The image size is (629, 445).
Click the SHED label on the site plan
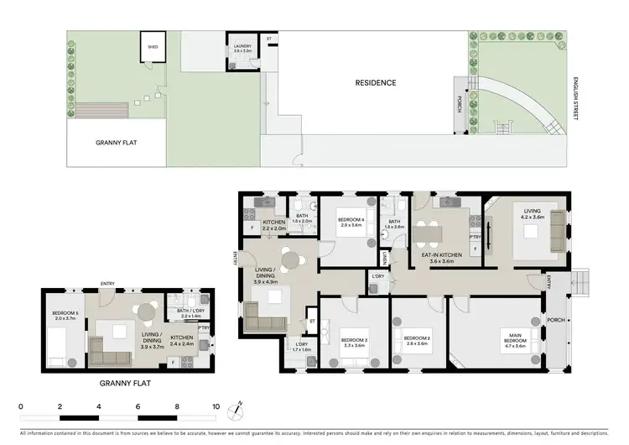click(153, 47)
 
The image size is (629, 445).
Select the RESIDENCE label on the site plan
click(375, 82)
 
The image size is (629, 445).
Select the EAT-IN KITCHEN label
click(441, 257)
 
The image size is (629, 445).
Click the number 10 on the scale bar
click(216, 406)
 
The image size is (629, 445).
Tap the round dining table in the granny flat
click(147, 312)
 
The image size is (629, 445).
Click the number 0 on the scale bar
click(20, 406)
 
